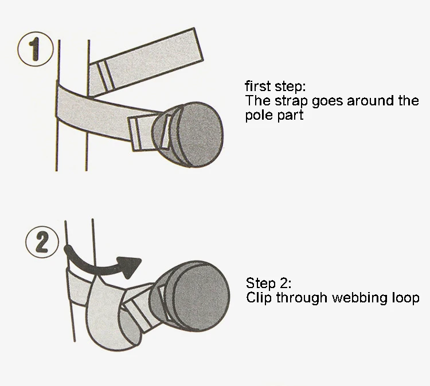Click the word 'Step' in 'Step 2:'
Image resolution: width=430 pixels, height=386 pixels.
(261, 283)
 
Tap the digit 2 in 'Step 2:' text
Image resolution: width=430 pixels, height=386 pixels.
(284, 283)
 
